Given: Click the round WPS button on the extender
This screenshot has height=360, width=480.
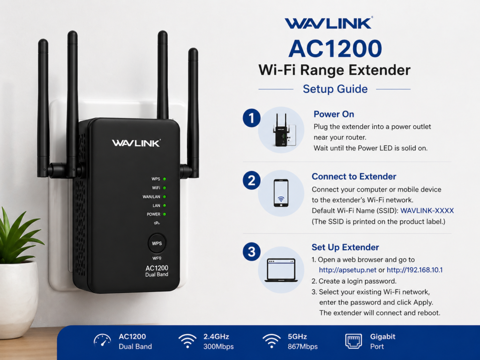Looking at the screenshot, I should click(157, 243).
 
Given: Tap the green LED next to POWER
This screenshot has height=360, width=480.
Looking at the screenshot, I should click(165, 214).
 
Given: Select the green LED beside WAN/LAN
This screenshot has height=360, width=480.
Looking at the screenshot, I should click(165, 196).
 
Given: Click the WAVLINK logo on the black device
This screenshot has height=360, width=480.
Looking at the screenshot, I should click(136, 143).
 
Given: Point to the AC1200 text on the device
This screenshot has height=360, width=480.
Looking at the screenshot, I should click(157, 268).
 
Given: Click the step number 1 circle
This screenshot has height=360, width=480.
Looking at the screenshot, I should click(252, 119).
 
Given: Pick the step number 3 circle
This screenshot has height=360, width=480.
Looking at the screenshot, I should click(252, 252).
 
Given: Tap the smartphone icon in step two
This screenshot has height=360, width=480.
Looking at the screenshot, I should click(281, 193).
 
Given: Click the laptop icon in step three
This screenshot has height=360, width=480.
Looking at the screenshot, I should click(281, 270).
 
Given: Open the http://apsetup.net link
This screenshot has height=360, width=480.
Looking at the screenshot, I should click(347, 270).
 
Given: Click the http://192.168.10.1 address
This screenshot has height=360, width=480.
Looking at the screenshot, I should click(414, 270).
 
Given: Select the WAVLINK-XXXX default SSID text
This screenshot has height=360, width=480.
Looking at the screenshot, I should click(427, 211).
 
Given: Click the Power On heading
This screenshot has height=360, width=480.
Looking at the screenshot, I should click(334, 114).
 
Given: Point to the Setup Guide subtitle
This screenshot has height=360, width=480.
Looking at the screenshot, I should click(335, 89).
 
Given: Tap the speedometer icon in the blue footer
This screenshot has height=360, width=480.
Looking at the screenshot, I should click(102, 341).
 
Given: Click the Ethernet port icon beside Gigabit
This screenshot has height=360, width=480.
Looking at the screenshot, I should click(353, 341).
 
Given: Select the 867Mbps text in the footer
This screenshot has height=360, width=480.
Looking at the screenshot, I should click(302, 347).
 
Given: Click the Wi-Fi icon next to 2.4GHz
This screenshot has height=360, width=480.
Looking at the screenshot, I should click(187, 341).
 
